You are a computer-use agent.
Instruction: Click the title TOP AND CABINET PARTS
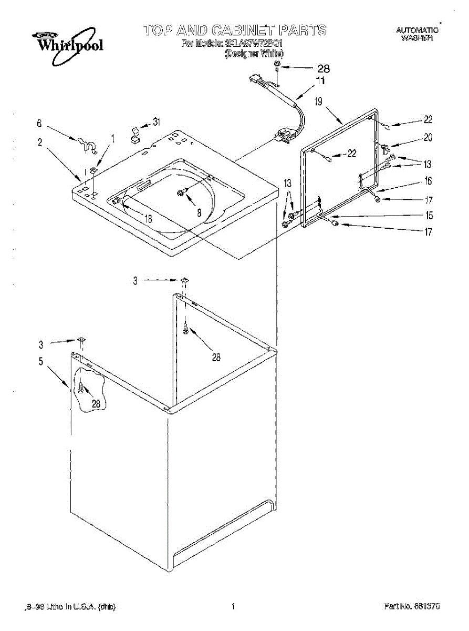click(235, 30)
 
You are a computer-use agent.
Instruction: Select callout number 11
click(320, 81)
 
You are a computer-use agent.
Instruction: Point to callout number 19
click(319, 101)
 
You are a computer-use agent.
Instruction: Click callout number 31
click(157, 122)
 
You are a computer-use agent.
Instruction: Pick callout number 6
click(39, 124)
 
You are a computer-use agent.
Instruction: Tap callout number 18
click(149, 219)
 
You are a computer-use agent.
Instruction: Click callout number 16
click(429, 181)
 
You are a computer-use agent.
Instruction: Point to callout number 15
click(429, 215)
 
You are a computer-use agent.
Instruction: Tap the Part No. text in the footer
click(412, 606)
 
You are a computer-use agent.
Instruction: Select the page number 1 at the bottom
click(233, 606)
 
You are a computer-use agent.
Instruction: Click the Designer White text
click(254, 54)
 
